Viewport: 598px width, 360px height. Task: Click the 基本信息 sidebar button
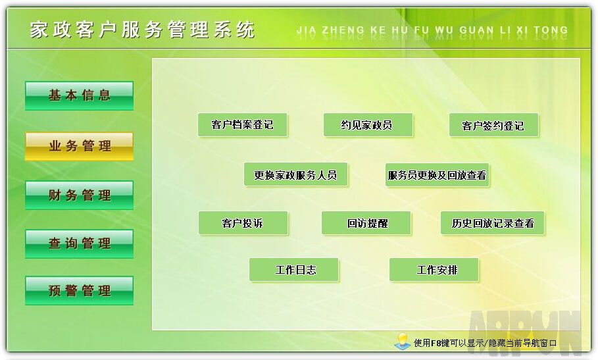[x=80, y=95]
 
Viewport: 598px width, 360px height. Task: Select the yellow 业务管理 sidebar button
[x=80, y=146]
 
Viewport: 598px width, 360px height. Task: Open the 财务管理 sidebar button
[x=80, y=195]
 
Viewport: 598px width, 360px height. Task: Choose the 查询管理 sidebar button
[x=80, y=244]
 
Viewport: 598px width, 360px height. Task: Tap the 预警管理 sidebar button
[x=80, y=291]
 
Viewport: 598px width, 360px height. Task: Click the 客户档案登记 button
[x=243, y=124]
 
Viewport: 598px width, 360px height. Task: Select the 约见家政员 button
[x=368, y=124]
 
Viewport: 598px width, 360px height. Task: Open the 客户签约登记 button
[x=494, y=124]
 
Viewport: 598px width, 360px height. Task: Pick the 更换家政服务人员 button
[x=295, y=174]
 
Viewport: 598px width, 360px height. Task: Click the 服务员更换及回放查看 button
[x=437, y=175]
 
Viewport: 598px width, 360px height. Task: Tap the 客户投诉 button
[x=243, y=223]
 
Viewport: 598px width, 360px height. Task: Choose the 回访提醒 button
[x=366, y=223]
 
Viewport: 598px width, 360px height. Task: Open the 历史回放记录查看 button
[x=492, y=223]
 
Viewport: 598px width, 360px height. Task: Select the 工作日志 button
[x=293, y=270]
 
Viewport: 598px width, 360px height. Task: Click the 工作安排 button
[x=434, y=270]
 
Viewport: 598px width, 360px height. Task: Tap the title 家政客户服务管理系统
[x=142, y=30]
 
